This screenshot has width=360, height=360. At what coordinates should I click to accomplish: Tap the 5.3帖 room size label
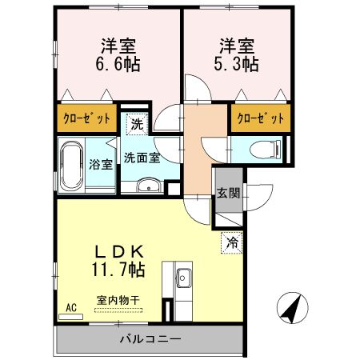click(235, 65)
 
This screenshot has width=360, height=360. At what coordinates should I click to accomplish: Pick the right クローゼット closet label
click(260, 119)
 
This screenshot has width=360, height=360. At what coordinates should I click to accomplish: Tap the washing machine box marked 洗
click(138, 124)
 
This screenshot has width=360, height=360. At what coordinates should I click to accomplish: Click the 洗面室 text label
click(142, 158)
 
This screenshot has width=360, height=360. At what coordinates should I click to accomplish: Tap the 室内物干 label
click(118, 300)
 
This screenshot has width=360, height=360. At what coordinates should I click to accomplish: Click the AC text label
click(69, 306)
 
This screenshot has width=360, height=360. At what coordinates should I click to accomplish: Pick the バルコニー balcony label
click(150, 338)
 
